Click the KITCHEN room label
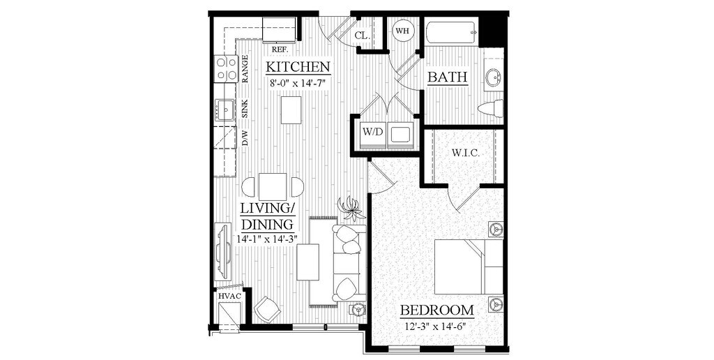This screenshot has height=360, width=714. click(298, 68)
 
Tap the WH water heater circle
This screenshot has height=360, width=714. click(402, 31)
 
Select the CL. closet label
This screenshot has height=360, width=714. click(361, 36)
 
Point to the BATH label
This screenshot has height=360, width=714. click(447, 77)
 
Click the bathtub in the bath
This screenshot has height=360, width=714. click(452, 31)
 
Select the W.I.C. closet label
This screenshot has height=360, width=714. click(465, 152)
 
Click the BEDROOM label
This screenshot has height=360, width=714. click(436, 310)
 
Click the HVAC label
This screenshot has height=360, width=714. click(229, 296)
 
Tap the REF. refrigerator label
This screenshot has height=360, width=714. click(280, 50)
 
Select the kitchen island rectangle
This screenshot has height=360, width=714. click(291, 110)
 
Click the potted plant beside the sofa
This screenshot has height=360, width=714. click(350, 208)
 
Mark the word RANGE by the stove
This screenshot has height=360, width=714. click(245, 70)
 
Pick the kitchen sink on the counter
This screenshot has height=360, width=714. click(225, 110)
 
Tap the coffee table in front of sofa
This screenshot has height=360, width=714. click(307, 262)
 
